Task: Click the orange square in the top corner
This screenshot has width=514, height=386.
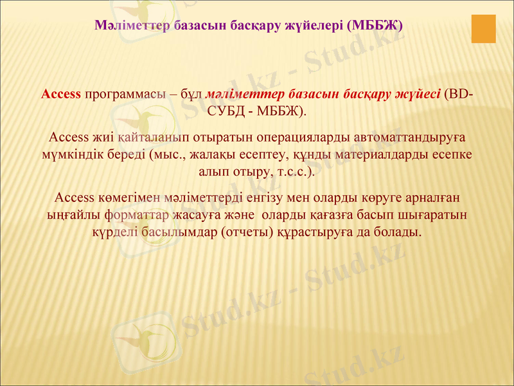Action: (484, 29)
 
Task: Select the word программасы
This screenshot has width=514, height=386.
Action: (124, 94)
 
